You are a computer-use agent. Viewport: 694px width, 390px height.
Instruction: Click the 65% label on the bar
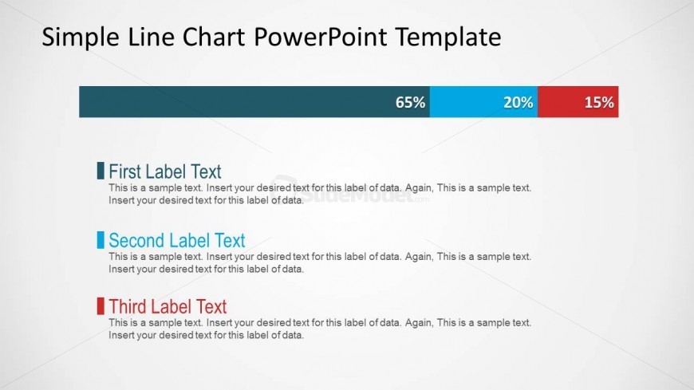point(410,102)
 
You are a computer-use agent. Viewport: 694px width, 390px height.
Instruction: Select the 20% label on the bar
point(519,102)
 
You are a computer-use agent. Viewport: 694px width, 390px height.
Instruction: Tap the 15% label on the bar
point(599,102)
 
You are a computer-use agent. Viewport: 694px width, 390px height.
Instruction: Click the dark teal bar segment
point(254,102)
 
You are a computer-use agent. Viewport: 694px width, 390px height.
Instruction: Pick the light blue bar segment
point(483,102)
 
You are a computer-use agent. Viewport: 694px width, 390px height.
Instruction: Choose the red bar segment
point(578,102)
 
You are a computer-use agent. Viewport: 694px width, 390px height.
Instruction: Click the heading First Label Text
point(165,171)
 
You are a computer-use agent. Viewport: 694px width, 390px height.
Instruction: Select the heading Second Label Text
point(177,240)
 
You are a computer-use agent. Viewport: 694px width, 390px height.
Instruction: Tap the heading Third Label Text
point(168,306)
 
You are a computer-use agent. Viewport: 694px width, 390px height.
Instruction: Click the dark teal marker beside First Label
point(101,171)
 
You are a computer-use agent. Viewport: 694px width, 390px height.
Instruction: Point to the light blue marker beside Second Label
point(101,240)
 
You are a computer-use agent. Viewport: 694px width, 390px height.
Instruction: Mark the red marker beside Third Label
point(101,306)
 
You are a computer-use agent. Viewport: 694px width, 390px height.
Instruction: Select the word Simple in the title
point(80,37)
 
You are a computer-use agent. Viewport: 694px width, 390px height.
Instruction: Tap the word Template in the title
point(448,37)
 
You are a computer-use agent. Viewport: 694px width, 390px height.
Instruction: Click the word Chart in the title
point(213,37)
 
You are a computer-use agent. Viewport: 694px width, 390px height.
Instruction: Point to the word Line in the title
point(151,37)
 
